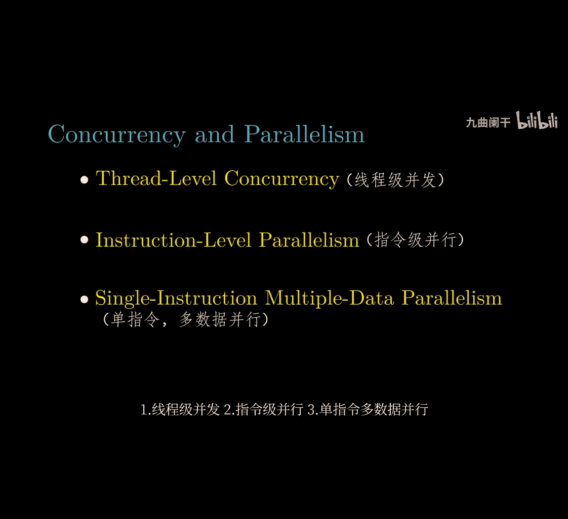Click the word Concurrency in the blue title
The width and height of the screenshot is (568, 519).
pyautogui.click(x=116, y=135)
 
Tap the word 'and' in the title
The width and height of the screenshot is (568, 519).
pyautogui.click(x=215, y=134)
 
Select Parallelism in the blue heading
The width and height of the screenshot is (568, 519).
pyautogui.click(x=304, y=134)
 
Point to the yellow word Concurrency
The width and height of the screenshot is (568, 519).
pyautogui.click(x=282, y=179)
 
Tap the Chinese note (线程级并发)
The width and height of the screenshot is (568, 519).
pyautogui.click(x=395, y=180)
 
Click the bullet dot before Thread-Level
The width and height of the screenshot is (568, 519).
pyautogui.click(x=85, y=179)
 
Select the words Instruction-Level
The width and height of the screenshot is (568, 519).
pyautogui.click(x=173, y=240)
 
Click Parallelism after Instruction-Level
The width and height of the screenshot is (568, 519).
pyautogui.click(x=309, y=240)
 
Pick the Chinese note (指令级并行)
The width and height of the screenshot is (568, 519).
pyautogui.click(x=415, y=240)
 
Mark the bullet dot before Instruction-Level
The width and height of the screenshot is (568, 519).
pyautogui.click(x=85, y=240)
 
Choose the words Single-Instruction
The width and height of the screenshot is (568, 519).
pyautogui.click(x=176, y=299)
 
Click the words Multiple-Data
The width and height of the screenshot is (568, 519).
pyautogui.click(x=329, y=299)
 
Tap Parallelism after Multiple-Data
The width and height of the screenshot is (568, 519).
pyautogui.click(x=452, y=298)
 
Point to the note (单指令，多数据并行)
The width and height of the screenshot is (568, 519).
pyautogui.click(x=185, y=320)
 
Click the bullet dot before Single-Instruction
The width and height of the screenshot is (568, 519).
pyautogui.click(x=85, y=299)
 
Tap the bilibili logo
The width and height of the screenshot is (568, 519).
pyautogui.click(x=537, y=120)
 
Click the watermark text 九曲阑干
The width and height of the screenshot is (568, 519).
pyautogui.click(x=488, y=123)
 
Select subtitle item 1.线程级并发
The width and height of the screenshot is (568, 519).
pyautogui.click(x=180, y=410)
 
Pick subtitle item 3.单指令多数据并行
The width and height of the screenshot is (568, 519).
pyautogui.click(x=368, y=410)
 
